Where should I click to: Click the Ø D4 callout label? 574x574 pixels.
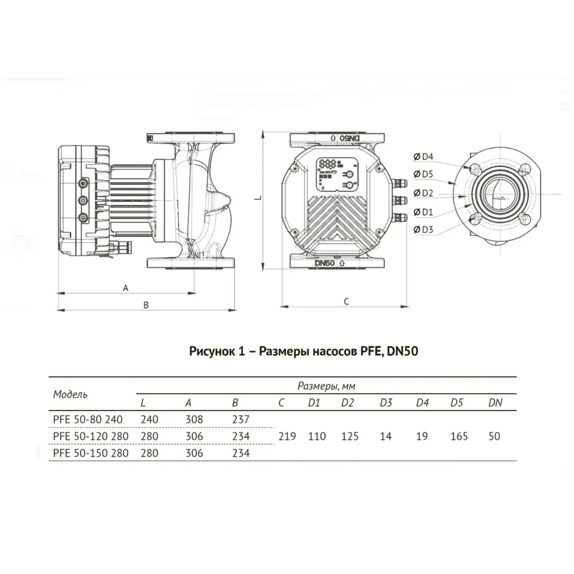point(424,156)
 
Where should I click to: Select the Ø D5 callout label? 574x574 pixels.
point(424,174)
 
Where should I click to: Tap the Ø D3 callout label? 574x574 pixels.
point(424,230)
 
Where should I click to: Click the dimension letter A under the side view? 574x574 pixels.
point(126,288)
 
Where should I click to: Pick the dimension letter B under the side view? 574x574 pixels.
point(146,305)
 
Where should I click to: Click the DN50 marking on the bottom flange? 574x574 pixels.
point(325,262)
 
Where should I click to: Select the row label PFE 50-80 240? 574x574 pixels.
point(88,420)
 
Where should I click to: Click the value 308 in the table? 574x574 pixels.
point(195,420)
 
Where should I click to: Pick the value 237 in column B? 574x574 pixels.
point(241,420)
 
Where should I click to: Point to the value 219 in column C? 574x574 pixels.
point(287,436)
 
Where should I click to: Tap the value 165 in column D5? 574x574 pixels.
point(459,436)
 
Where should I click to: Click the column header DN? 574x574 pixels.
point(495,402)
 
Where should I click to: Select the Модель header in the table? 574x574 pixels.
point(71,394)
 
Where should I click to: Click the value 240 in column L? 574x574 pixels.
point(149,420)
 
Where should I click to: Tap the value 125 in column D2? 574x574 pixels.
point(349,436)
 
